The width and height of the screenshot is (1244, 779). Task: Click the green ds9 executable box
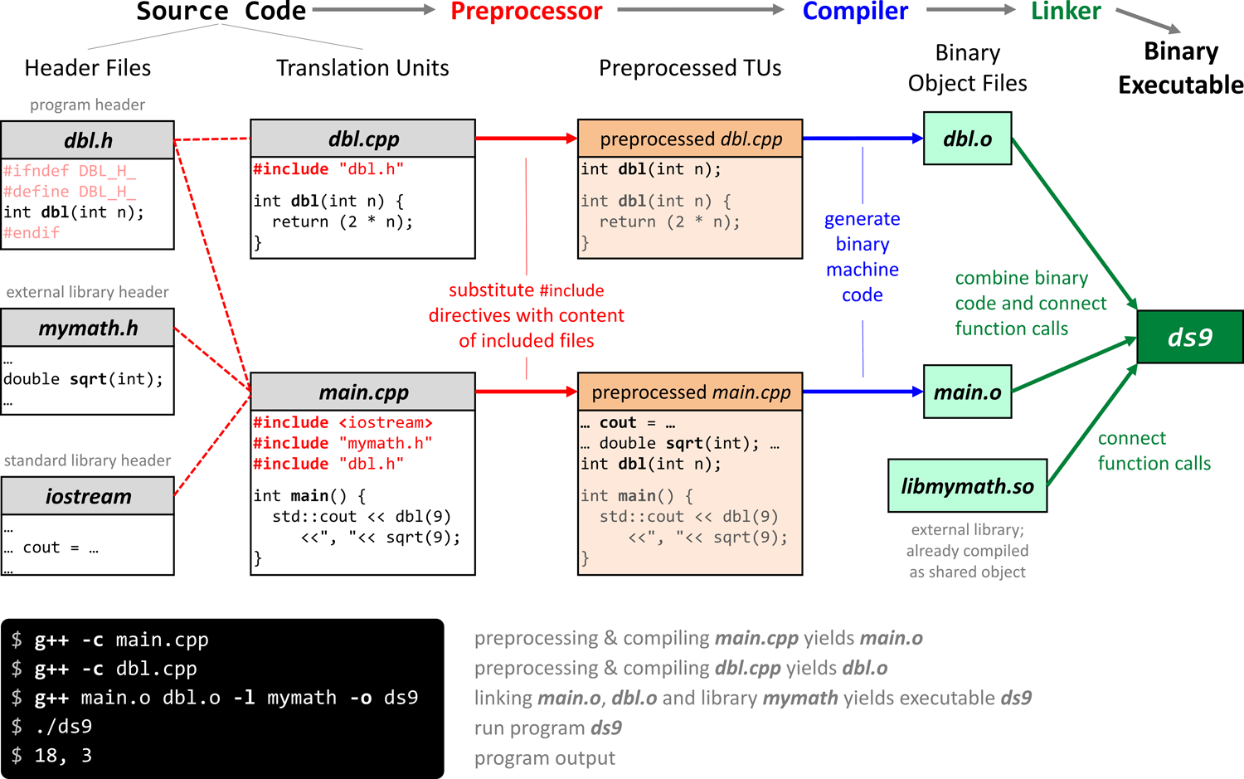(1190, 337)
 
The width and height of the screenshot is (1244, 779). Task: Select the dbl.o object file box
(967, 139)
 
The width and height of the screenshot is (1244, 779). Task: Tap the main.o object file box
(967, 392)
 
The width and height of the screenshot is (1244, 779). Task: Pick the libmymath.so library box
(967, 486)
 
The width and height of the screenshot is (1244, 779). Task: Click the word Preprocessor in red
(526, 12)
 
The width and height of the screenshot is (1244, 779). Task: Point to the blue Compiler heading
(855, 12)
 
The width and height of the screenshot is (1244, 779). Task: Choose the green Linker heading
(1066, 12)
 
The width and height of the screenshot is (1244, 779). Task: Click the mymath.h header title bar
(88, 328)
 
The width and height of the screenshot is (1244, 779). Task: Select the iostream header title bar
(88, 496)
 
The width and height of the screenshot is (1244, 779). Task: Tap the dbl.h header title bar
(88, 140)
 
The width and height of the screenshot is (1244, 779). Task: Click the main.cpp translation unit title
(363, 392)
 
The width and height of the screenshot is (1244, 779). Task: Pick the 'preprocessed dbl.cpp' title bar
(690, 139)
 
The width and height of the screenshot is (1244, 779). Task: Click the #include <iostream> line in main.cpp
(343, 422)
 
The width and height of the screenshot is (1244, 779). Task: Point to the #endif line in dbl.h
(32, 233)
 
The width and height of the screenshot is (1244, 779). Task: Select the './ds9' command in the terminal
(64, 727)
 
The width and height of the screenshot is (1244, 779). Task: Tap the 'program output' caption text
(544, 758)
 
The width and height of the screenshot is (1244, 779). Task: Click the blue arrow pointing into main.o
(863, 392)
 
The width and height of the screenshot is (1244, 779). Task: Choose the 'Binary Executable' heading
(1180, 68)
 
